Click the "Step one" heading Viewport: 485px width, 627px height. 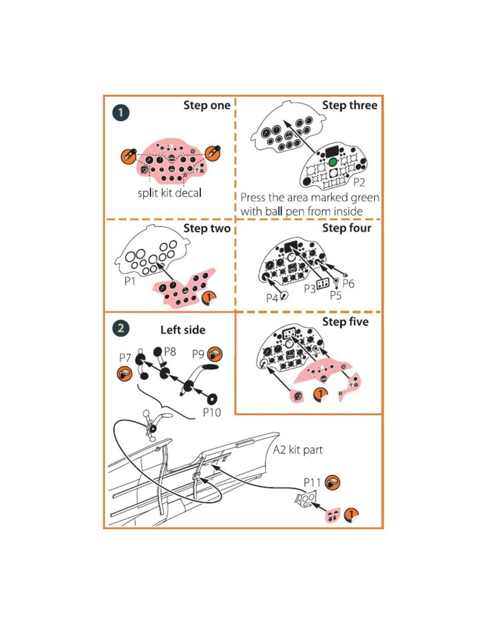point(207,105)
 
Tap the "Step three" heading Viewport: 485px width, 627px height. point(350,105)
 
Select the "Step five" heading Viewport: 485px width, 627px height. point(345,322)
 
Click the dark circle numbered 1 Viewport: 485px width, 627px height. point(121,113)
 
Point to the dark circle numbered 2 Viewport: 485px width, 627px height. point(121,328)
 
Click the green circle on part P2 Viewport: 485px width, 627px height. point(332,162)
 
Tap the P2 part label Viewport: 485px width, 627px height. point(359,183)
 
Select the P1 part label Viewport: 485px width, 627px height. point(130,281)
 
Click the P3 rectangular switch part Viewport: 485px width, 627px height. point(323,284)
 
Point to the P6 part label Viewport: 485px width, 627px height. point(348,284)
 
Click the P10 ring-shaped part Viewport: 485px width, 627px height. point(213,399)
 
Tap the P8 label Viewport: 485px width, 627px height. point(170,352)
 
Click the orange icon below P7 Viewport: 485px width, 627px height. point(125,374)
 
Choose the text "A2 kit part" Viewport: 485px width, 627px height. point(298,450)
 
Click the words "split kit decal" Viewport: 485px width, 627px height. point(170,193)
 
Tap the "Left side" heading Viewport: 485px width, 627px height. point(183,330)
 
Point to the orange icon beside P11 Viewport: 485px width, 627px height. point(332,482)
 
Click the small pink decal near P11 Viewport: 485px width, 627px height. point(333,515)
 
